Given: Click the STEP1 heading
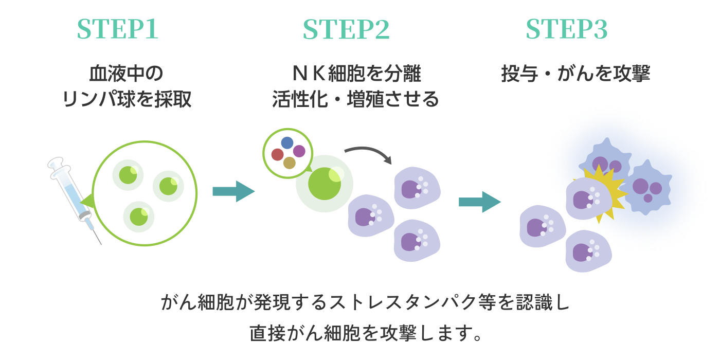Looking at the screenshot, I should click(x=116, y=29).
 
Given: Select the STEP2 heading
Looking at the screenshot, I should click(x=346, y=29).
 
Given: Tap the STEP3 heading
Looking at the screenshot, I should click(x=566, y=29).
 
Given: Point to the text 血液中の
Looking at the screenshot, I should click(x=126, y=74).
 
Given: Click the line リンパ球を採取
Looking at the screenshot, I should click(x=126, y=99).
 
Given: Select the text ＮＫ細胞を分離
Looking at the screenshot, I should click(x=356, y=74).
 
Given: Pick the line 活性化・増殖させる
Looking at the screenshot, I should click(x=356, y=99).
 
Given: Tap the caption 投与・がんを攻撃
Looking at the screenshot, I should click(x=575, y=74).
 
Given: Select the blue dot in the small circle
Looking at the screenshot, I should click(x=287, y=142).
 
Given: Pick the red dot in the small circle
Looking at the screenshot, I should click(x=277, y=154).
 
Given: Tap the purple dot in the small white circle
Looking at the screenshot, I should click(x=299, y=151).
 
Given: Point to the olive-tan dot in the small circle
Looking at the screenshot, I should click(x=290, y=163).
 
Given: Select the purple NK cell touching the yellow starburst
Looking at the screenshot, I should click(x=586, y=199).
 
